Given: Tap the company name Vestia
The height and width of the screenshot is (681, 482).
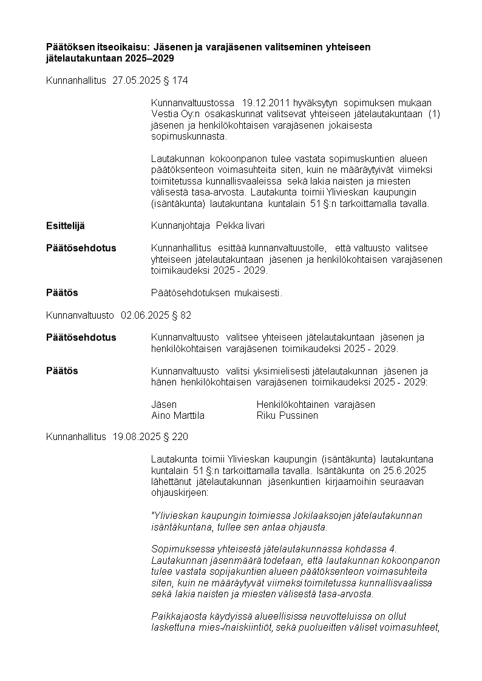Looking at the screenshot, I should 164,114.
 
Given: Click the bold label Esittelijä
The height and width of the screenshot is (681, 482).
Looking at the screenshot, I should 66,226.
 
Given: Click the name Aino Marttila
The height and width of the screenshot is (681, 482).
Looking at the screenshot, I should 177,416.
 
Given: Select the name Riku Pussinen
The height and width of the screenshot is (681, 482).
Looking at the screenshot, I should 287,416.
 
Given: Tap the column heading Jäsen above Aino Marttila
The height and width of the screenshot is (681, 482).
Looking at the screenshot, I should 164,404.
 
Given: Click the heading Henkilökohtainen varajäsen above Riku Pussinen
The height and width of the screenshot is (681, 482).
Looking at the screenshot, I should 316,404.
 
